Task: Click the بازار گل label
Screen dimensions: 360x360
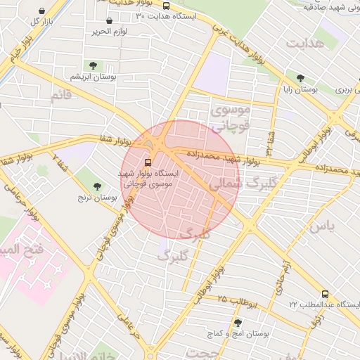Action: tap(43, 22)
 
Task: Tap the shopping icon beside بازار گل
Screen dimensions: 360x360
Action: tap(44, 11)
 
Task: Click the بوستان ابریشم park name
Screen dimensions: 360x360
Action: tap(93, 76)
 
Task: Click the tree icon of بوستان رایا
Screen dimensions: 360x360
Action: tap(301, 79)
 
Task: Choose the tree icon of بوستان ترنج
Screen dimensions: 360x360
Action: tap(97, 186)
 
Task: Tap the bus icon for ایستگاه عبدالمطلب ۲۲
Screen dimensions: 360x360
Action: tap(324, 294)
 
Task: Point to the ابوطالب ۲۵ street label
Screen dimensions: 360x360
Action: tap(238, 302)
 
